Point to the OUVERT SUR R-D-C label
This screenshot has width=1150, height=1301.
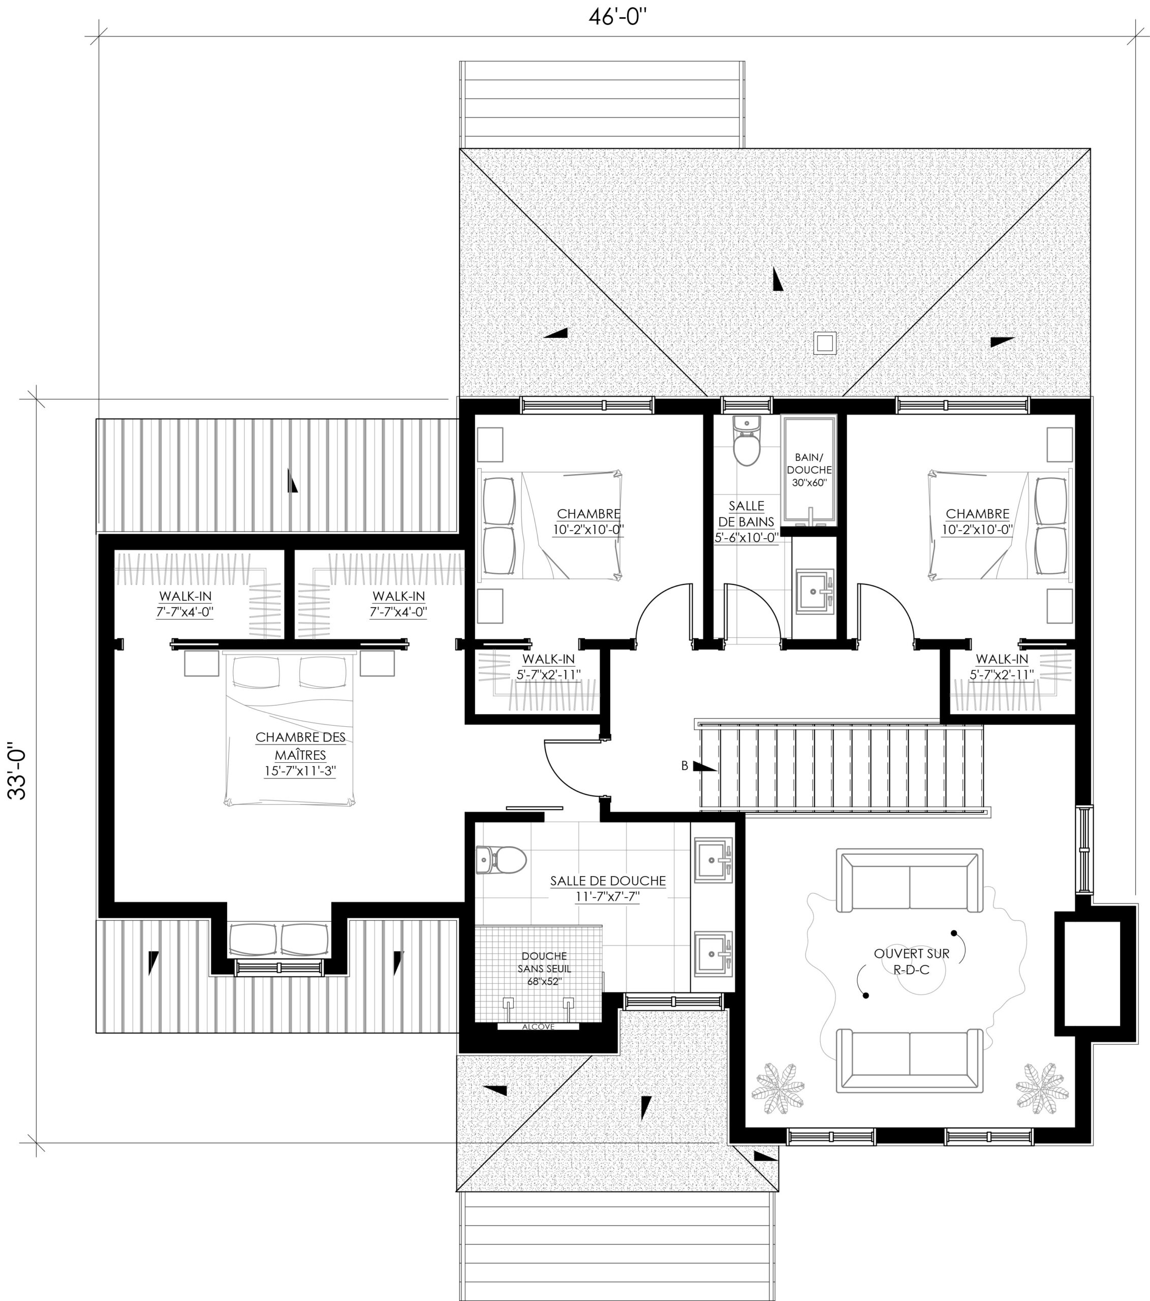pos(911,962)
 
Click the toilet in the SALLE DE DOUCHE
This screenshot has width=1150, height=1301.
pos(501,860)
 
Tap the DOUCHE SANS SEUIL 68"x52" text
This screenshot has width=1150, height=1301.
pos(544,968)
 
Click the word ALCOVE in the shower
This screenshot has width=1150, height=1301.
pos(538,1027)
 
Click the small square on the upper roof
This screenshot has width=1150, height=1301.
pos(825,343)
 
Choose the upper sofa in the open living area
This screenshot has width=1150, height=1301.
pos(910,881)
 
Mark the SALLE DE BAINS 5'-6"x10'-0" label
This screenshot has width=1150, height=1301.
pos(746,521)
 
